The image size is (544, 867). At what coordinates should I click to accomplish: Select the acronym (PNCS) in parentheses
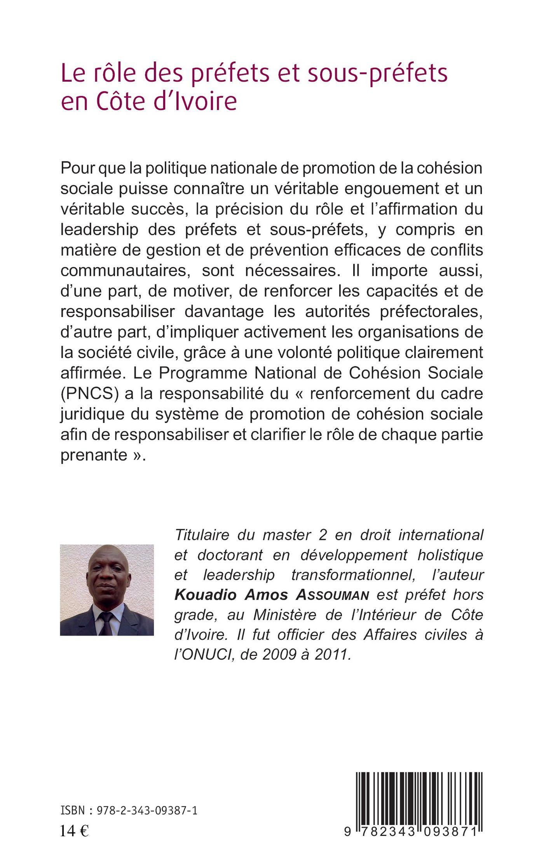coord(89,393)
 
